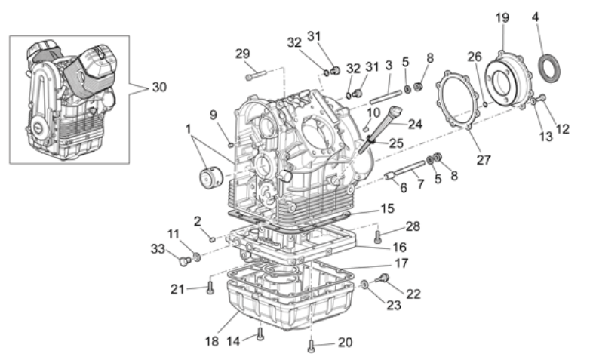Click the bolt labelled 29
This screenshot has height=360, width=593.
256,75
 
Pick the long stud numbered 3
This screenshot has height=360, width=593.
385,97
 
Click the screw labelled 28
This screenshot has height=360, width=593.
377,236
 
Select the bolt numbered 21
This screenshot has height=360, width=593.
210,288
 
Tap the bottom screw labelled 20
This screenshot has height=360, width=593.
311,346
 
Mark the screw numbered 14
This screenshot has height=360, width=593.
260,334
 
